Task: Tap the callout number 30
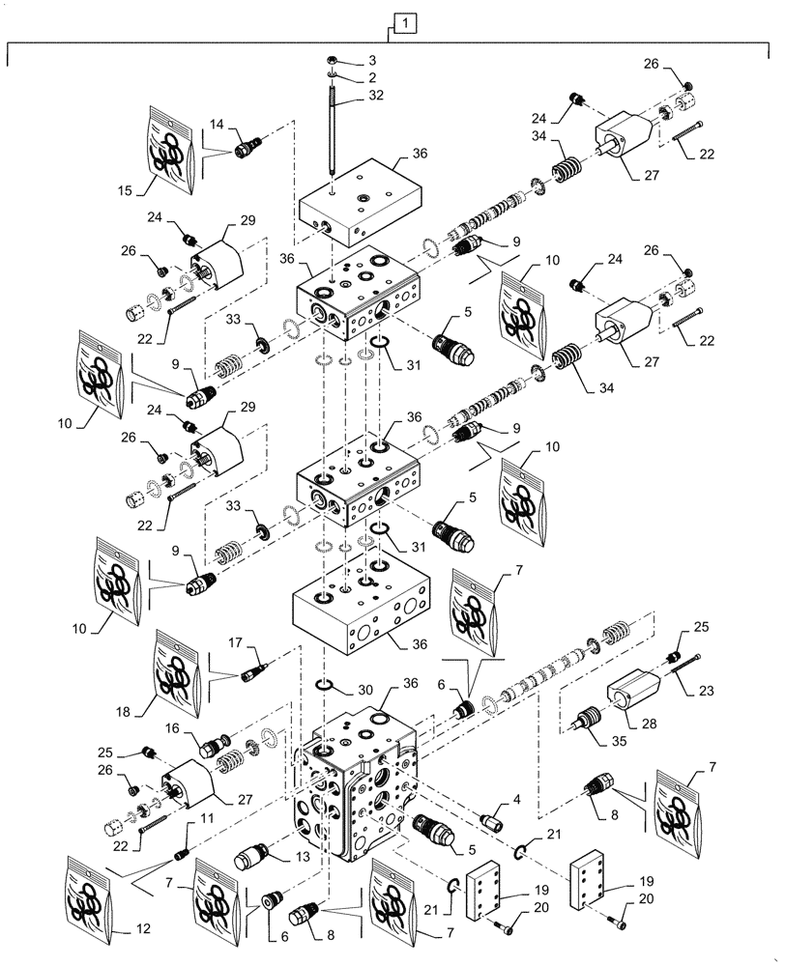363,691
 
